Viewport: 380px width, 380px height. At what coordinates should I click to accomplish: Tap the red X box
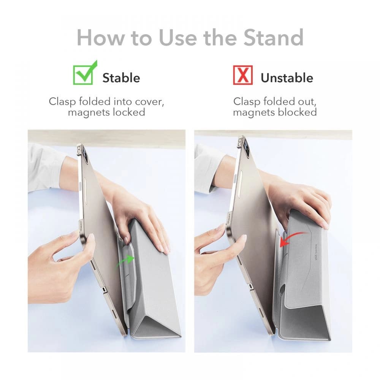(242, 74)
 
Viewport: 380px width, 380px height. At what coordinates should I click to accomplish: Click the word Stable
(121, 78)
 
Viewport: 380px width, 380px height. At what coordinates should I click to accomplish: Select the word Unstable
(287, 78)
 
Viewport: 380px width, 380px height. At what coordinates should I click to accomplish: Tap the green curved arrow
(125, 261)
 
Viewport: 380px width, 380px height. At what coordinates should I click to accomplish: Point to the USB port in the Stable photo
(104, 290)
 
